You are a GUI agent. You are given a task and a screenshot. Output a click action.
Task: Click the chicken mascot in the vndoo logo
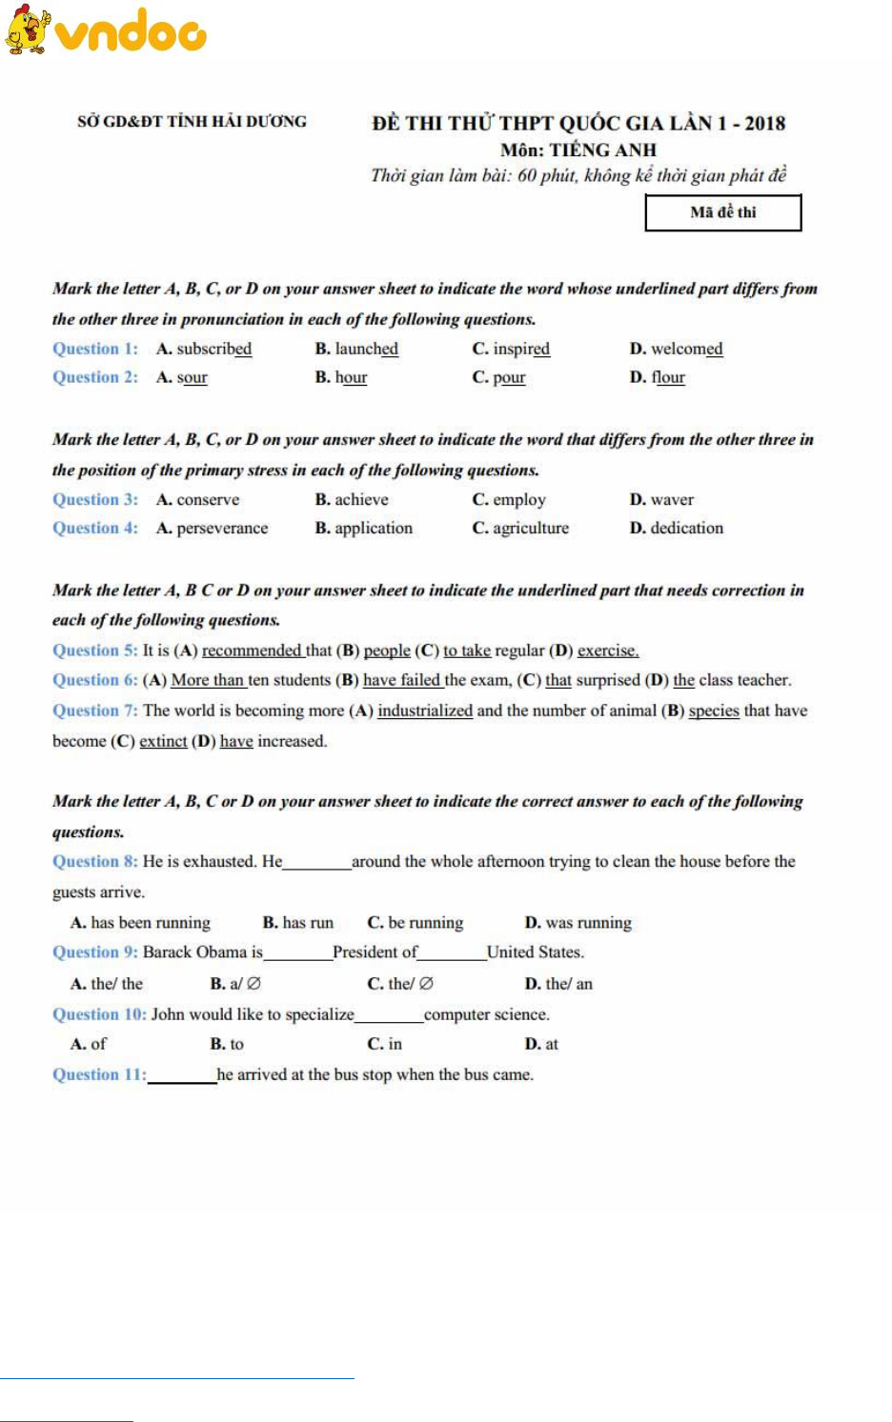point(27,29)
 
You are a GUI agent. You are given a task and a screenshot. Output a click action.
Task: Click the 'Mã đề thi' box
point(722,212)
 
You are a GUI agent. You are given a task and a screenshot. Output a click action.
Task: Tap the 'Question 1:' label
point(94,349)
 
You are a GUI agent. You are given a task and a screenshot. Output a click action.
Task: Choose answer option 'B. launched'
point(356,349)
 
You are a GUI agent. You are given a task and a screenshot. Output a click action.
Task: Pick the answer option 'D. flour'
point(657,377)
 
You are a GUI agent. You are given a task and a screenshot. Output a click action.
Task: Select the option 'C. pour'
point(498,377)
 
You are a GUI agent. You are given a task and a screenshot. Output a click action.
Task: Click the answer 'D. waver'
point(661,499)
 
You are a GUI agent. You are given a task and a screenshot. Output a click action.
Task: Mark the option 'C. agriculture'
point(520,528)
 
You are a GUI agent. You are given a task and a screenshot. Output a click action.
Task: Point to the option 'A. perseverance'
point(212,528)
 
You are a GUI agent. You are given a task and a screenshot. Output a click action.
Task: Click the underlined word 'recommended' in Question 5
point(252,651)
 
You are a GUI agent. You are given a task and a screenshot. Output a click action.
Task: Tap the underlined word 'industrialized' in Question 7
point(425,711)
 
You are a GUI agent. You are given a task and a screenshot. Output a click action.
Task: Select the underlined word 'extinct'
point(163,741)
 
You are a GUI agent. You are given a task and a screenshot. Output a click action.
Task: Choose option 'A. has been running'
point(140,922)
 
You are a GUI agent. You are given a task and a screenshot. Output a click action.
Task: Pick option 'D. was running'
point(578,922)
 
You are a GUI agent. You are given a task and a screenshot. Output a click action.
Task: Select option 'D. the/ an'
point(558,984)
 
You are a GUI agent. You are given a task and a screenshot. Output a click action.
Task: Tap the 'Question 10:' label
point(99,1014)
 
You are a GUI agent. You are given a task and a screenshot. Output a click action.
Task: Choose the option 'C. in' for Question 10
point(385,1044)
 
